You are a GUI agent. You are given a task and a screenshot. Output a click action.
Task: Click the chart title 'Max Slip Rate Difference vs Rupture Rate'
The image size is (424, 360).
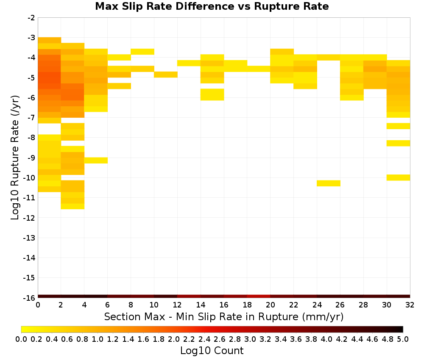[x=212, y=6]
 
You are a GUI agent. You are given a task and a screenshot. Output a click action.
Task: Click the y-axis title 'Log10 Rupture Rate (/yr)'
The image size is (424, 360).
[x=15, y=158]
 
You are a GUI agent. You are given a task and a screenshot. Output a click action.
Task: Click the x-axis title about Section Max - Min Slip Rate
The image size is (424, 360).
[x=223, y=317]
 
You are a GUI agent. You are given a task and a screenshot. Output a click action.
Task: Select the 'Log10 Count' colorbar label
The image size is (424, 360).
[x=212, y=351]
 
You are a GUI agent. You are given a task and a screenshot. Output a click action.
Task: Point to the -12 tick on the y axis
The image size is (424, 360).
[x=29, y=218]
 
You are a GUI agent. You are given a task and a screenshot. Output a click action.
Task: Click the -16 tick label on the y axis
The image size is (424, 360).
[x=29, y=298]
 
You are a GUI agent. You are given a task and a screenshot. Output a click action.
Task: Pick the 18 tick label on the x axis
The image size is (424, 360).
[x=247, y=305]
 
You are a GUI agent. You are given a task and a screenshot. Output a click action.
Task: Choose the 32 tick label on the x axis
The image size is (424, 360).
[x=410, y=305]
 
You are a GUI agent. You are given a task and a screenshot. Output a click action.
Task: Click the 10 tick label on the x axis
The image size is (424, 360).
[x=154, y=305]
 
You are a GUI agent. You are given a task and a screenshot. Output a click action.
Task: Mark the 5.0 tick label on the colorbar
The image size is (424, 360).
[x=403, y=339]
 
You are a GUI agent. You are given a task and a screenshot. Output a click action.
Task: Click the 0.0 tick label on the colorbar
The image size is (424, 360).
[x=21, y=339]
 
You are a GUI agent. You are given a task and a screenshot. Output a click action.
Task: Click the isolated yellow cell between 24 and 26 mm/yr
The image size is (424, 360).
[x=329, y=183]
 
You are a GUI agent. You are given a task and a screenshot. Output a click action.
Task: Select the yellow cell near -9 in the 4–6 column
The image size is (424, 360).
[x=96, y=161]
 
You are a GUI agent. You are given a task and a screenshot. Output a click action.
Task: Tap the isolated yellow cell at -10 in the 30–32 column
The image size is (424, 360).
[x=398, y=177]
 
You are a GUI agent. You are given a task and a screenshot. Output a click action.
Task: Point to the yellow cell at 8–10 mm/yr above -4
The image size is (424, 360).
[x=142, y=52]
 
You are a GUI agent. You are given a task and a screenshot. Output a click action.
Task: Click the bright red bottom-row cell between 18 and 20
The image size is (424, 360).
[x=259, y=296]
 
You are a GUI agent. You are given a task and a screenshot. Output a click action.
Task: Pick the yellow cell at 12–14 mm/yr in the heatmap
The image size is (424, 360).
[x=189, y=63]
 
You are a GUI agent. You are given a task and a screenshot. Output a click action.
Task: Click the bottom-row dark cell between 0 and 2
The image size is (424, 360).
[x=50, y=296]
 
